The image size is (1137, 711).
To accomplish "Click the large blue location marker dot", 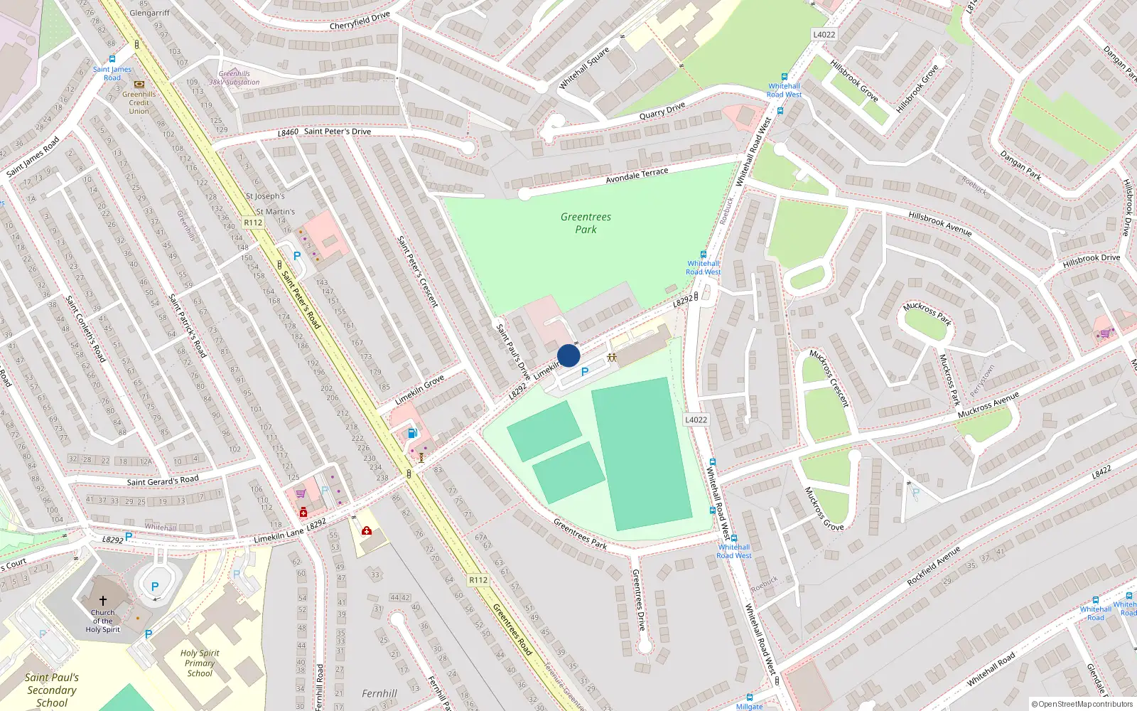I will [568, 355].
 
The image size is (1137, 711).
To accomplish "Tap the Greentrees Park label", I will [586, 223].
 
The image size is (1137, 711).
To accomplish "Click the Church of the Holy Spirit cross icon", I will [103, 601].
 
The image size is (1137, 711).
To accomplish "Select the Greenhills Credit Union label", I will [139, 102].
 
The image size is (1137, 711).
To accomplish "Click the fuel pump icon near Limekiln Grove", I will [412, 433].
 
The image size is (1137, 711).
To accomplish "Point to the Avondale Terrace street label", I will [637, 176].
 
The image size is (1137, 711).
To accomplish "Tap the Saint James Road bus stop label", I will [112, 73].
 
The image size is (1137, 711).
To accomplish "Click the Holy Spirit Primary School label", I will [200, 663].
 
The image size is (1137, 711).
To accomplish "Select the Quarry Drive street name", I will [662, 111].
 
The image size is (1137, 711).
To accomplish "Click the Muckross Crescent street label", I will [829, 378].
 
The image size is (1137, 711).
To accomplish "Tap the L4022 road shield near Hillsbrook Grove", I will [824, 34].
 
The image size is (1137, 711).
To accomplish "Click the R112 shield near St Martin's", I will [253, 223].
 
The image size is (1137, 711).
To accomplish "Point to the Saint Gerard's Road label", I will [163, 481].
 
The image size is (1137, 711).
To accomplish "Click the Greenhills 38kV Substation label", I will [235, 78].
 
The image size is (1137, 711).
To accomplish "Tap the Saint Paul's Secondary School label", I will [52, 690].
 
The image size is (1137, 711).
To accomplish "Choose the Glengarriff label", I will [149, 13].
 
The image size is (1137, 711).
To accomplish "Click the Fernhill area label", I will [379, 693].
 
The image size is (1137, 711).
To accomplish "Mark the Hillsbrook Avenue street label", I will [939, 223].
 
